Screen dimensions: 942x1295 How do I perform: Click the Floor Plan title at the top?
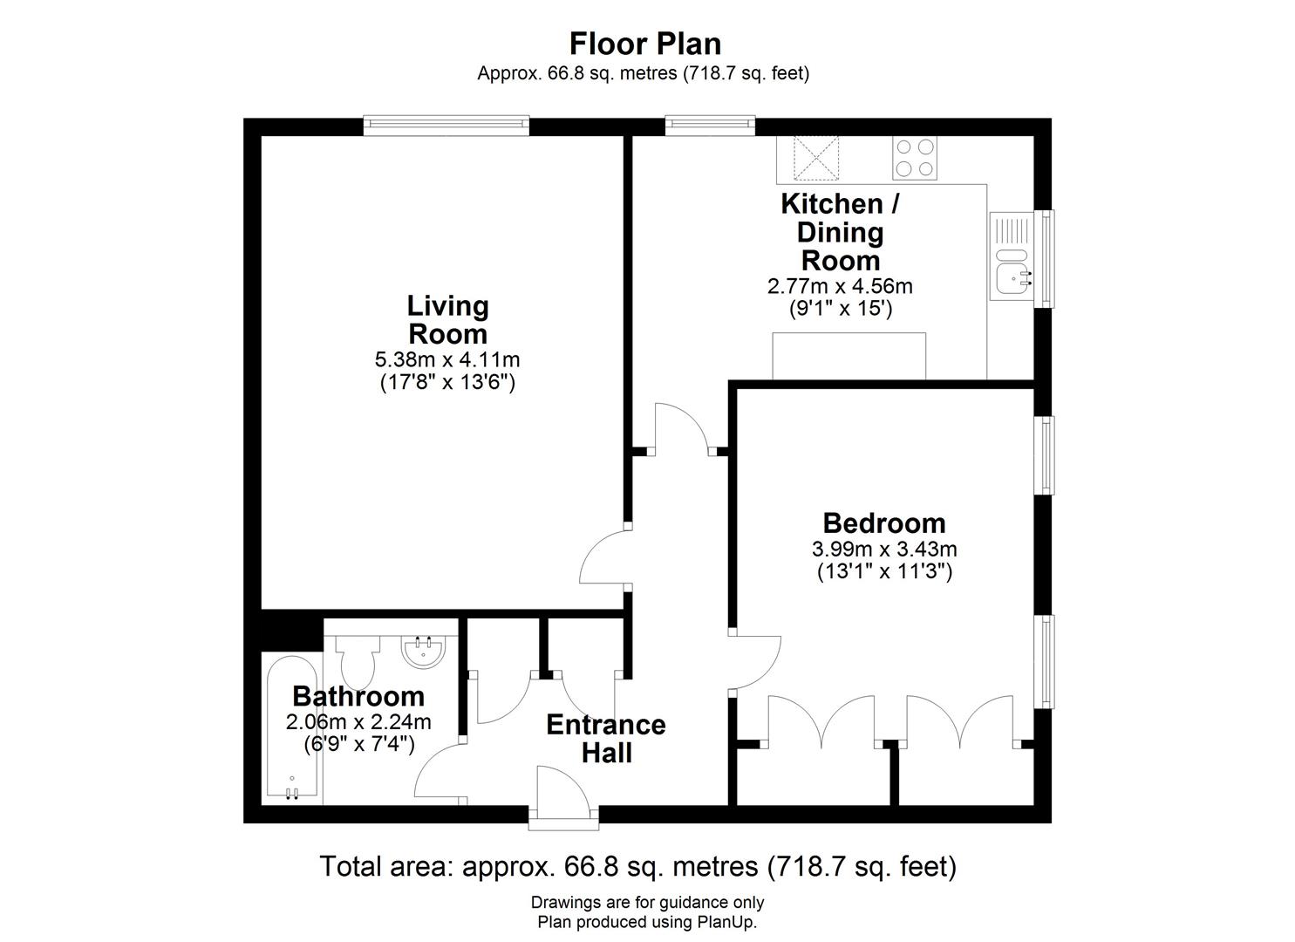(644, 43)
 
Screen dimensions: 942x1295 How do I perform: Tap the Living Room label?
(448, 319)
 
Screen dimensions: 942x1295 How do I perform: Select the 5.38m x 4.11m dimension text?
(448, 358)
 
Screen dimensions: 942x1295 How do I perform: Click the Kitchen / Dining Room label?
(840, 232)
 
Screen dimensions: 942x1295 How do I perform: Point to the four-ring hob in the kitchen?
(914, 158)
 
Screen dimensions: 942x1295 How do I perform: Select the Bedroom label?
(883, 522)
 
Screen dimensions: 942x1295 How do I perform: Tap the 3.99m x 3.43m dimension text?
(883, 549)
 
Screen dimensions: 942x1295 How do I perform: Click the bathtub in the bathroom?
(291, 728)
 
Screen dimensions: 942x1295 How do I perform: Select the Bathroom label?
(358, 696)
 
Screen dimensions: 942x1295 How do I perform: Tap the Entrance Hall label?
(606, 738)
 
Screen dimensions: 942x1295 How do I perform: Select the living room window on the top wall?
(446, 126)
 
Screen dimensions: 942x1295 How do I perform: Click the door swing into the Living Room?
(602, 558)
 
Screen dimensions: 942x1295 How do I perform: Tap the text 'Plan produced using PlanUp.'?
(647, 921)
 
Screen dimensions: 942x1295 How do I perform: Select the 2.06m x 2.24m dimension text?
(358, 722)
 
